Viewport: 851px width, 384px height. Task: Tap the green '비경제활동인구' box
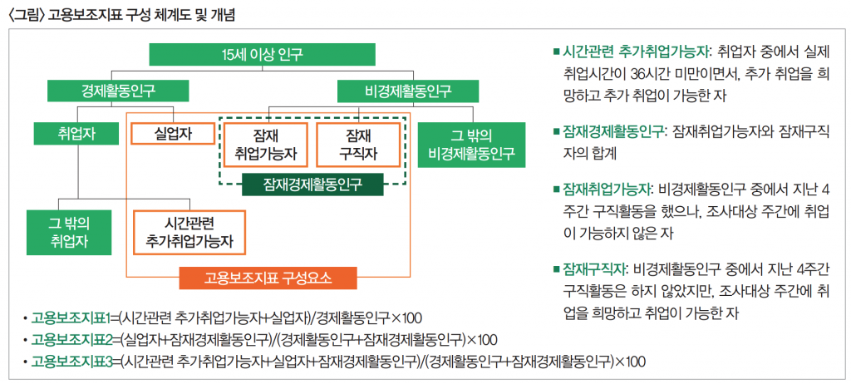pyautogui.click(x=407, y=89)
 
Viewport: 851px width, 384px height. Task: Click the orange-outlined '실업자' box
pyautogui.click(x=173, y=133)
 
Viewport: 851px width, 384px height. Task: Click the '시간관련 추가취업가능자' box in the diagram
pyautogui.click(x=189, y=232)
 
